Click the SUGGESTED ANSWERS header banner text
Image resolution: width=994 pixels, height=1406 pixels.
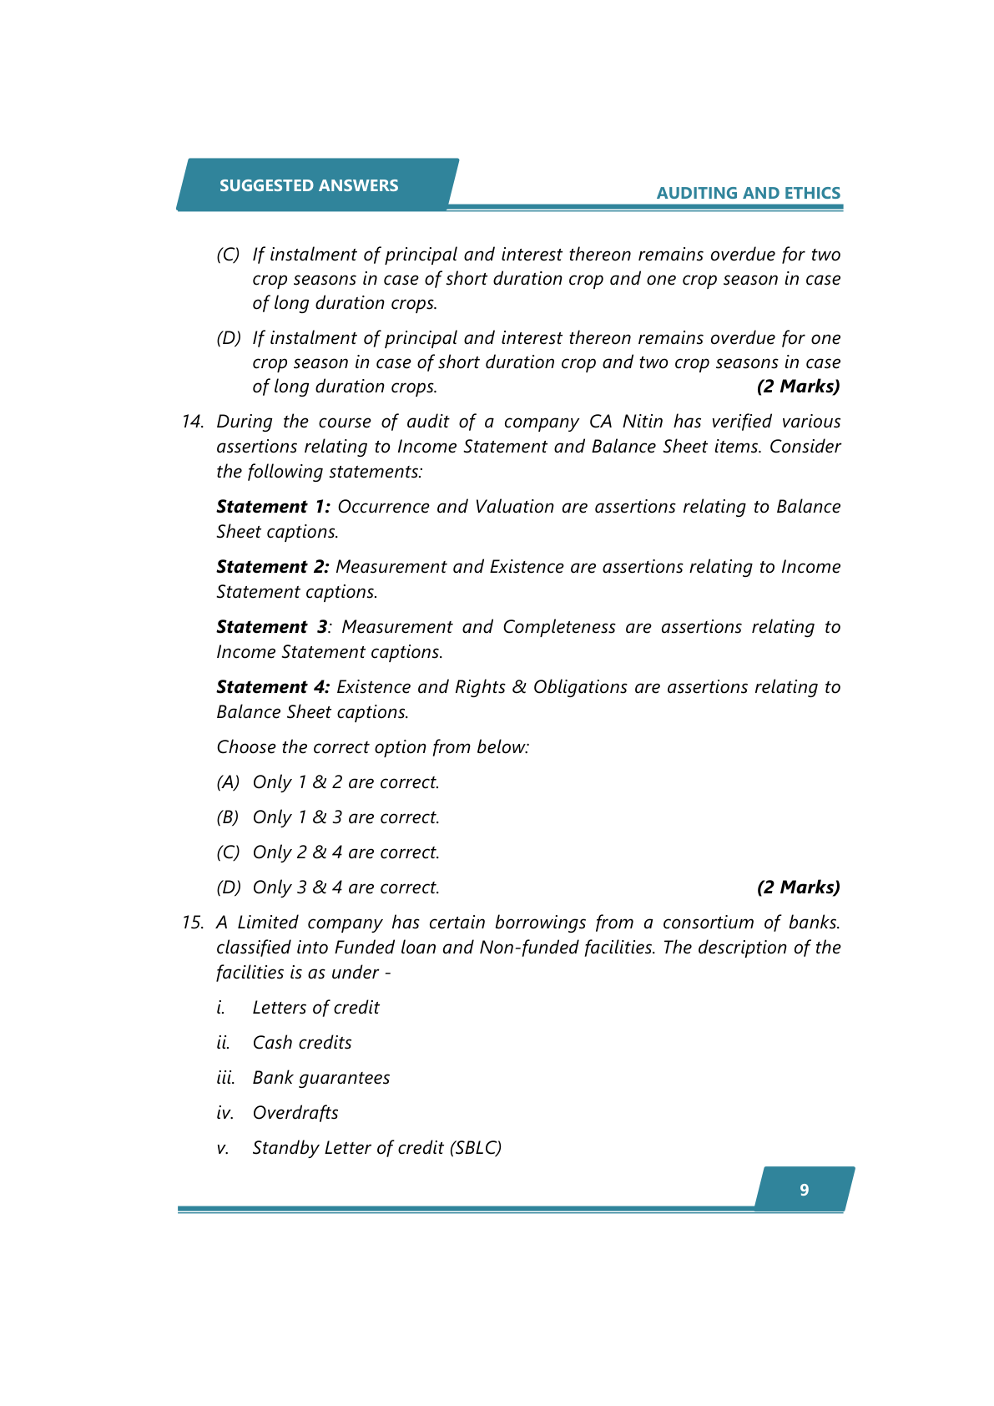point(309,185)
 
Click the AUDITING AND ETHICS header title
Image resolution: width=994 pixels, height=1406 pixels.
point(748,193)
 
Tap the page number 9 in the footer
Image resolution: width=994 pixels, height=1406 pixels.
point(804,1190)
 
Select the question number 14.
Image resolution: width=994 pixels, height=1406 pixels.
point(193,422)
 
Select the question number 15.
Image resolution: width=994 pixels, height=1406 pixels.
point(193,923)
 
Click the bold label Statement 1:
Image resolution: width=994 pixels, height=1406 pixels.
point(273,507)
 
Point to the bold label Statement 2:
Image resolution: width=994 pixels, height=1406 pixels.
point(273,567)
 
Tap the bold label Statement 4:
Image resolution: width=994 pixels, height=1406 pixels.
point(273,687)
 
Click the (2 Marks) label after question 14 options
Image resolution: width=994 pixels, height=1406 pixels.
point(798,888)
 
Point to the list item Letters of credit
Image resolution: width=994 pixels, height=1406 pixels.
point(315,1008)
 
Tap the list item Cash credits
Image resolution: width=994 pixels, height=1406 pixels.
point(302,1043)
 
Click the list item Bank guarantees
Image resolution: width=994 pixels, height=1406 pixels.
point(321,1078)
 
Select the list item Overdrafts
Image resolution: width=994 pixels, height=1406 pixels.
point(295,1113)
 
